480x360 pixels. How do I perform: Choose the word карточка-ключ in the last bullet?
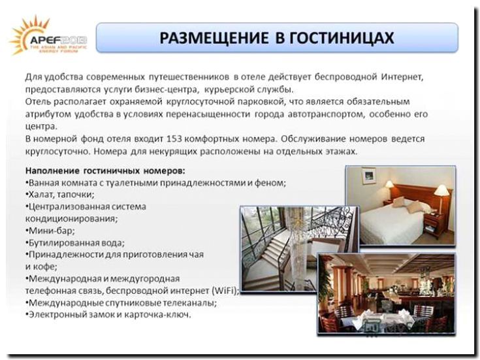click(163, 314)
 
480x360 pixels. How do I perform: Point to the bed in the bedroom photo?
click(392, 219)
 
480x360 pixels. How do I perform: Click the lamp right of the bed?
click(442, 193)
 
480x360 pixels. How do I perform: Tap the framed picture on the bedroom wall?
click(369, 176)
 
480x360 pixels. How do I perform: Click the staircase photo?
click(297, 248)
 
